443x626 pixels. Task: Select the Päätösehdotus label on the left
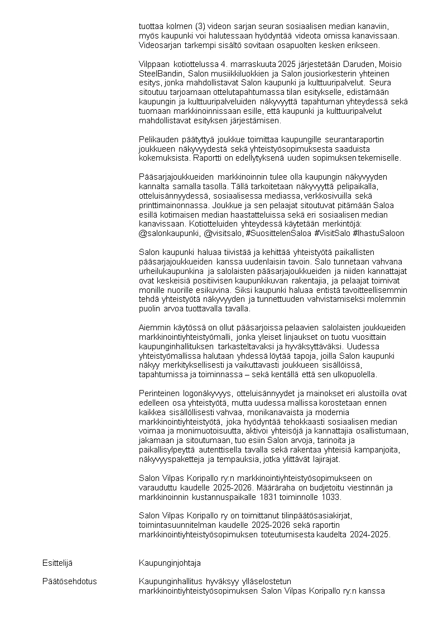[69, 581]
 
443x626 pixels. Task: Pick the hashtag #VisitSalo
[333, 233]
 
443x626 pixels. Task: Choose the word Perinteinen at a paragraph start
[160, 393]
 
